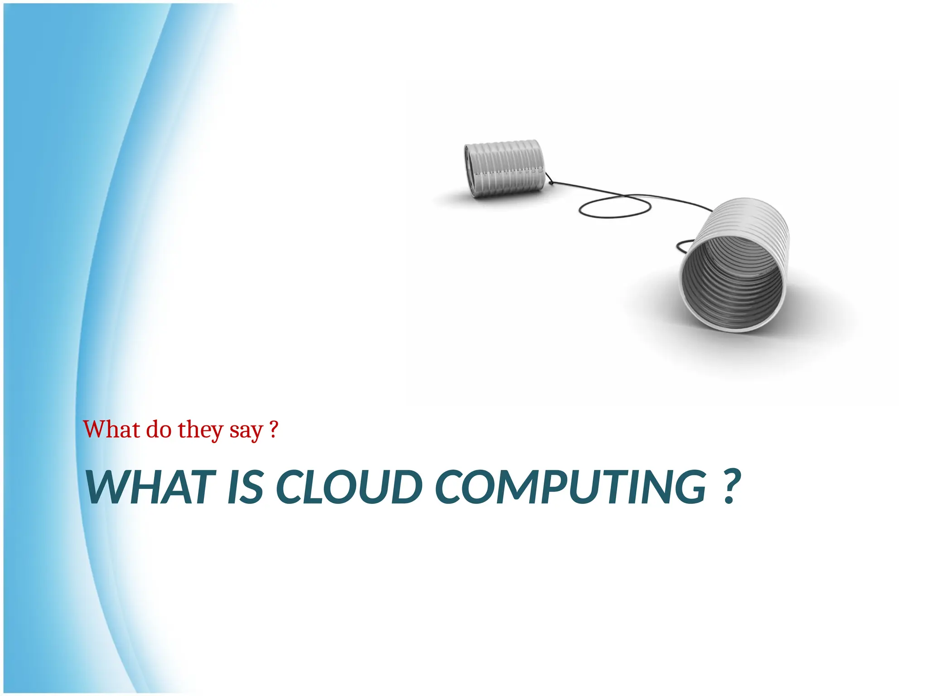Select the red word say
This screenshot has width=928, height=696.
246,431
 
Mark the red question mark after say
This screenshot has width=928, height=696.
273,429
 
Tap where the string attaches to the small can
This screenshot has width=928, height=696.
550,183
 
